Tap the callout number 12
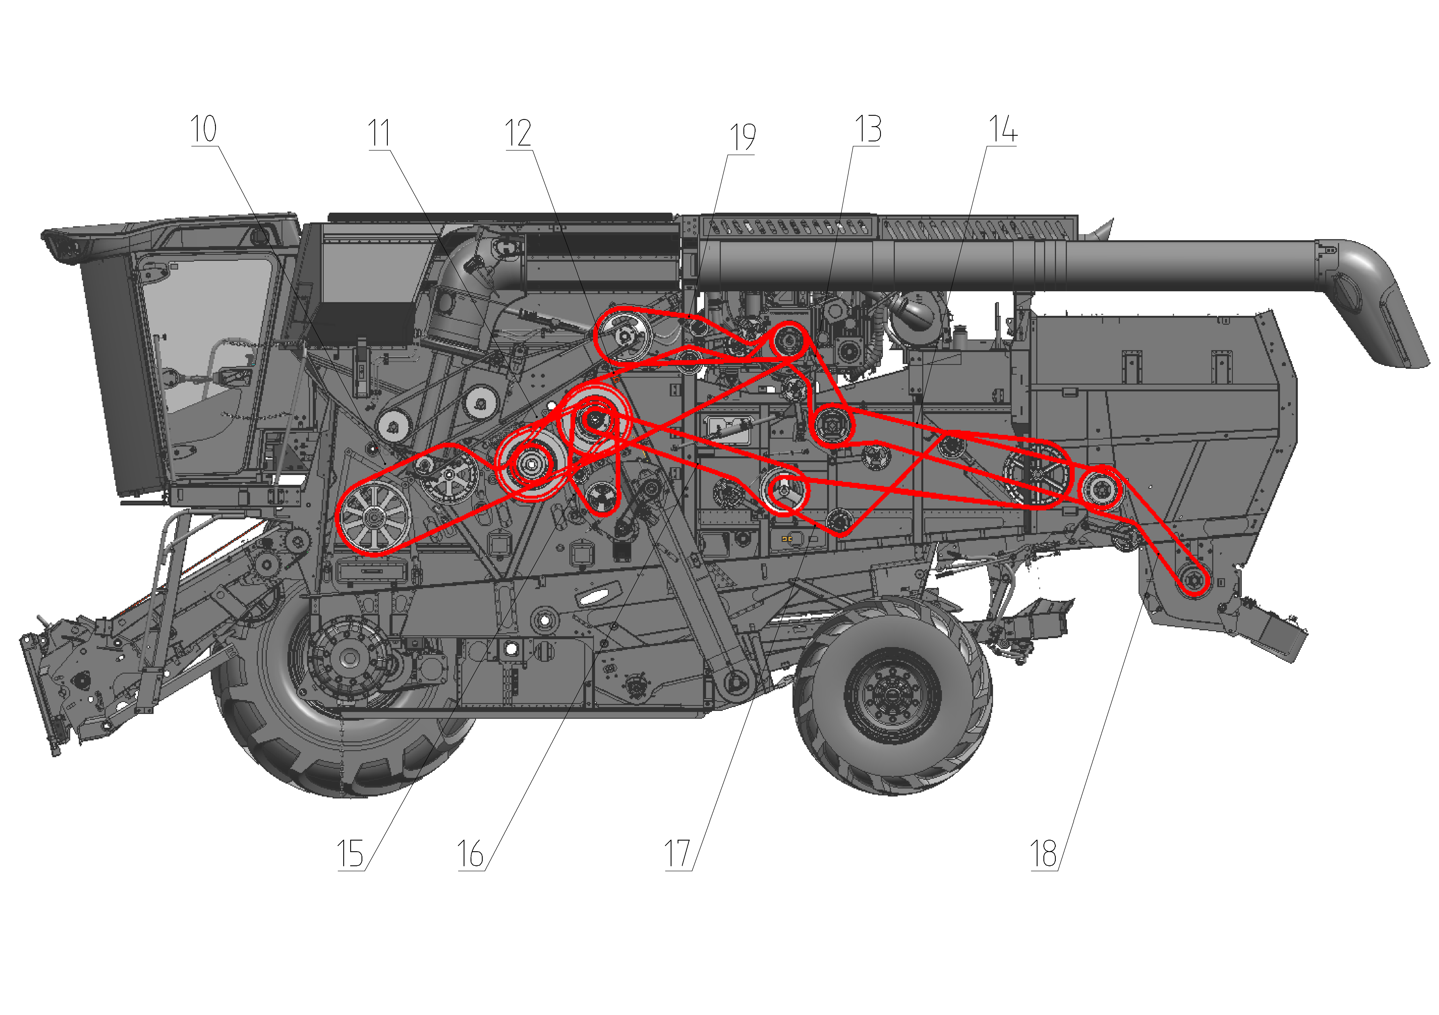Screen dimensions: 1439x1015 click(x=518, y=133)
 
